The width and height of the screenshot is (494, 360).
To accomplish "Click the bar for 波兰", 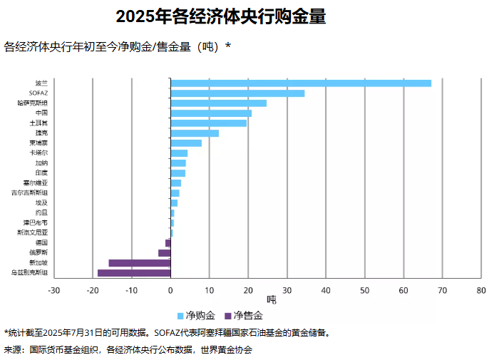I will tap(300, 83).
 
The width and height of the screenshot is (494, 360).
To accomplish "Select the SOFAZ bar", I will tap(237, 93).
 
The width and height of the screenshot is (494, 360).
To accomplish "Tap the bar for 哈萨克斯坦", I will tap(218, 103).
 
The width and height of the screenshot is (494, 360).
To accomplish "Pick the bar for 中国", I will tap(211, 113).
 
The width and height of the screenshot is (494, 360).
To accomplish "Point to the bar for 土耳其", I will tap(208, 123).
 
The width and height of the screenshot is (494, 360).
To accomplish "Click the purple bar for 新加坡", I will tap(139, 262).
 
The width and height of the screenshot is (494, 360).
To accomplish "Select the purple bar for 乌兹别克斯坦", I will tap(134, 272).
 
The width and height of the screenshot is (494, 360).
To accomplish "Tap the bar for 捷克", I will tap(195, 133).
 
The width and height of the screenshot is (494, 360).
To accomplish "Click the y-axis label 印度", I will tap(41, 173).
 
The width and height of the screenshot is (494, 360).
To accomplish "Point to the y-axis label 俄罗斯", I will tap(38, 252).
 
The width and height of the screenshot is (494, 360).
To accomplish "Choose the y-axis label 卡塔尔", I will tap(38, 153).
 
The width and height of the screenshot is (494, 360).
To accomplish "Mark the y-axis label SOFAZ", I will tap(38, 93).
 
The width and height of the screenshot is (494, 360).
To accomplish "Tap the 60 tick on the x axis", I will tap(403, 290).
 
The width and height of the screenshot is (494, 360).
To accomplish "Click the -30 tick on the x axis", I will tap(53, 290).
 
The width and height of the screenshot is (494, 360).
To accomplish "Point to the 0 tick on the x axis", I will tap(170, 290).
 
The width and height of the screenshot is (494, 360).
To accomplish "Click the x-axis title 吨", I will tap(271, 300).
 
